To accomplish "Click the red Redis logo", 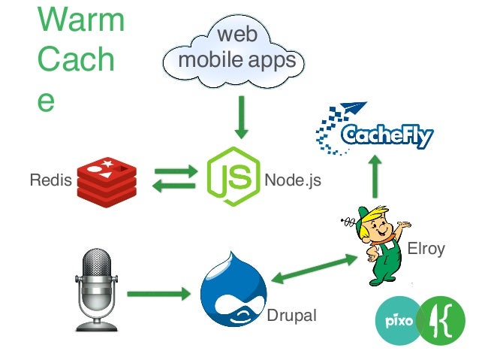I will (x=107, y=180).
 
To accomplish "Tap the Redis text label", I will (x=47, y=180).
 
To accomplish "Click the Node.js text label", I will (x=292, y=180).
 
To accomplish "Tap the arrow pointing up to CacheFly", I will (x=376, y=178).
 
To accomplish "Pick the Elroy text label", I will (x=425, y=249).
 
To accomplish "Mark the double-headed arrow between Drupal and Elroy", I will (x=314, y=269).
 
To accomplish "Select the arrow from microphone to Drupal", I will (x=158, y=293).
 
